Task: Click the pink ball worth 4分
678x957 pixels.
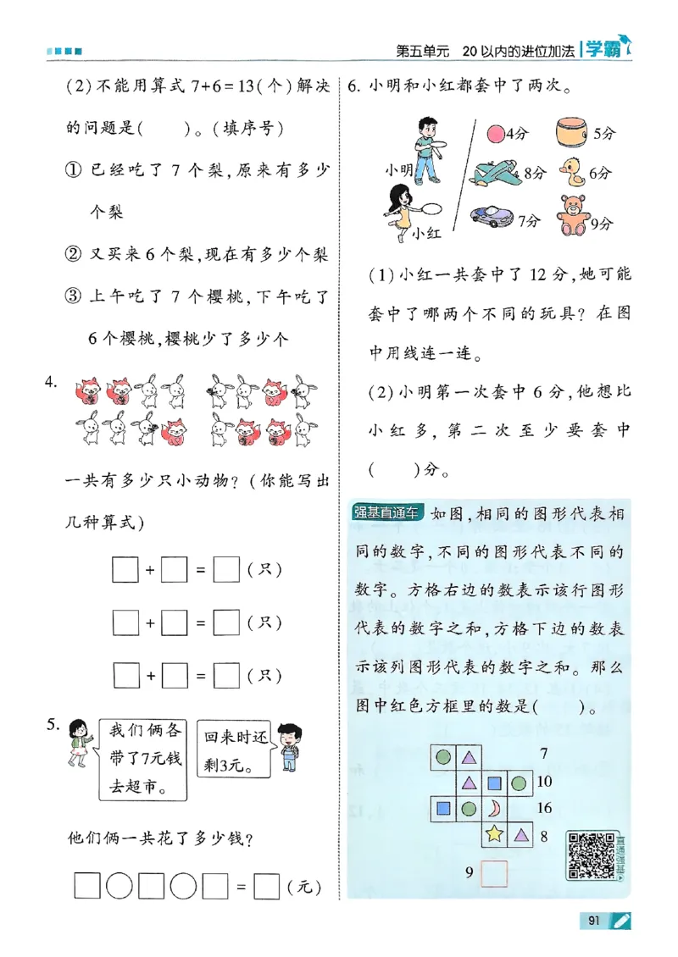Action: pyautogui.click(x=495, y=133)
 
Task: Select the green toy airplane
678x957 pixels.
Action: pyautogui.click(x=496, y=173)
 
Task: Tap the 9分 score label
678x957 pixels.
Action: pyautogui.click(x=601, y=224)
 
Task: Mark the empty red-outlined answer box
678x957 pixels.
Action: pyautogui.click(x=493, y=874)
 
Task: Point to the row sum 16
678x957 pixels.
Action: pyautogui.click(x=544, y=808)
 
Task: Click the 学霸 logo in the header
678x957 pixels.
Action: pyautogui.click(x=604, y=50)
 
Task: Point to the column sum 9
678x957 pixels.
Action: pyautogui.click(x=467, y=871)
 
